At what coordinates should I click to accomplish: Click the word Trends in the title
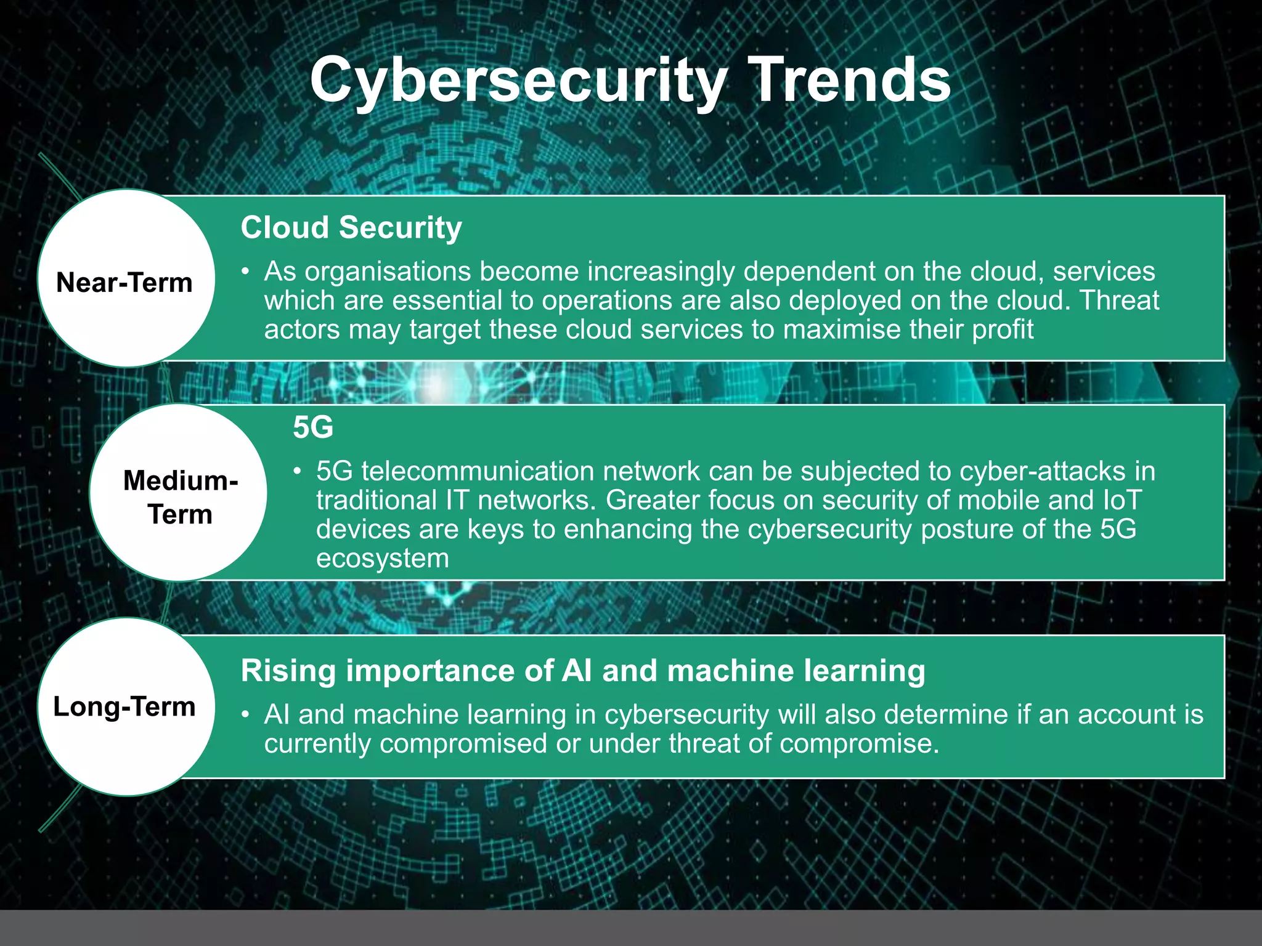tap(852, 80)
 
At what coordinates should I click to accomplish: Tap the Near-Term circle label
tap(124, 283)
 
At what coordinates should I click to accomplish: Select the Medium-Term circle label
tap(180, 497)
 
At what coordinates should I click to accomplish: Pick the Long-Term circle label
tap(124, 706)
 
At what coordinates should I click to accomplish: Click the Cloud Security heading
tap(351, 227)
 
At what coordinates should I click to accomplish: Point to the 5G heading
tap(313, 427)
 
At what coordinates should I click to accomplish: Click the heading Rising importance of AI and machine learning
tap(582, 670)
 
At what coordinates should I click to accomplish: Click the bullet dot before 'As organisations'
tap(246, 272)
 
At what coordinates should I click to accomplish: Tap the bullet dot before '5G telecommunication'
tap(298, 471)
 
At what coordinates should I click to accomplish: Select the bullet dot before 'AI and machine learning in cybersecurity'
tap(246, 714)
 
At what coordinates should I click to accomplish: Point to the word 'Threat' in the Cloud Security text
tap(1120, 301)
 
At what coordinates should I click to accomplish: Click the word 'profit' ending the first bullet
tap(1003, 329)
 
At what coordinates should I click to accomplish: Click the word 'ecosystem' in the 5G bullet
tap(382, 559)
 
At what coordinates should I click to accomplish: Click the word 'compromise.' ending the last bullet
tap(859, 743)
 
